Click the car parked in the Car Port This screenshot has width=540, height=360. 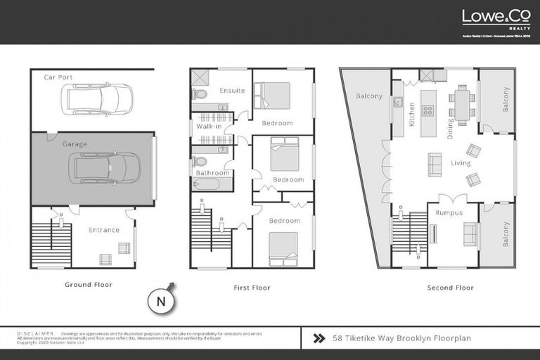[x=96, y=99]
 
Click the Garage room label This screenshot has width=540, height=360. [x=75, y=144]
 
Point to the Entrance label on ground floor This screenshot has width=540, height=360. [x=103, y=230]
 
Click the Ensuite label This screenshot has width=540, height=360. [x=232, y=91]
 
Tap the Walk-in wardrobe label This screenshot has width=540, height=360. [x=209, y=127]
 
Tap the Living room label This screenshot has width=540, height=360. [x=461, y=163]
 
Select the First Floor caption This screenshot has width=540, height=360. [x=251, y=288]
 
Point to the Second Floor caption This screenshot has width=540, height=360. [x=450, y=288]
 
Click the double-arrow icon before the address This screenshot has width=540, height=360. [x=318, y=338]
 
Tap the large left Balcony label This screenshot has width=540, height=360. [x=368, y=96]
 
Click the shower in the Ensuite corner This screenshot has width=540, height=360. [x=200, y=77]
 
